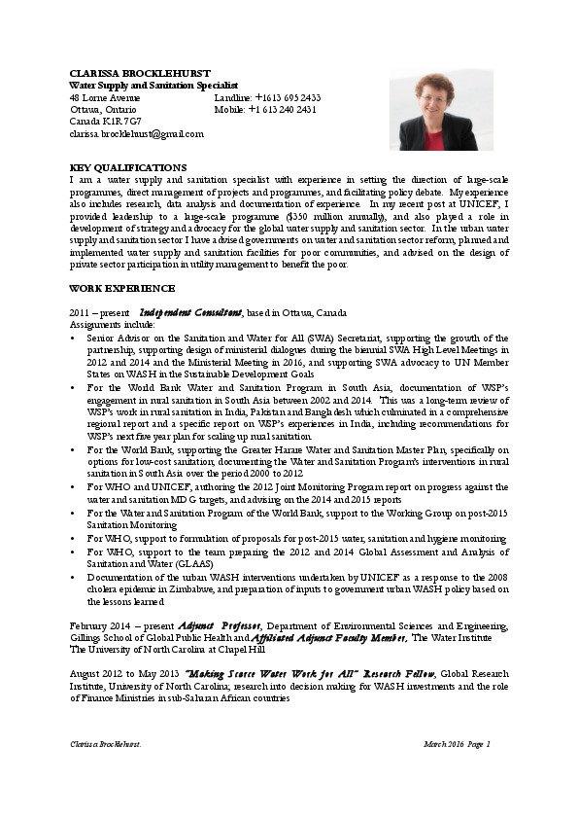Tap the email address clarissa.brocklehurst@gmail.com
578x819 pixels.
point(137,134)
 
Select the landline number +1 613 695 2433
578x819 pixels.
point(288,98)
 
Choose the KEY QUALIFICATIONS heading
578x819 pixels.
point(128,167)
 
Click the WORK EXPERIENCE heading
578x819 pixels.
point(122,288)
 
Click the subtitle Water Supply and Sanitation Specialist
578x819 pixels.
point(153,87)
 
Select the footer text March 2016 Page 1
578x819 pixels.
point(458,744)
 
